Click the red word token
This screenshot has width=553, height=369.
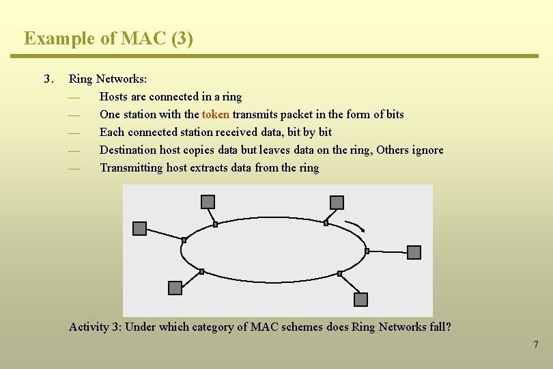pyautogui.click(x=215, y=114)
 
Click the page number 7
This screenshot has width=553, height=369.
pyautogui.click(x=536, y=344)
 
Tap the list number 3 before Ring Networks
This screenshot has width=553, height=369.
pyautogui.click(x=48, y=79)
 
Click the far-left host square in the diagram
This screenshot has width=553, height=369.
pyautogui.click(x=139, y=228)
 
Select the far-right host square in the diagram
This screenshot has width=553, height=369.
pyautogui.click(x=414, y=253)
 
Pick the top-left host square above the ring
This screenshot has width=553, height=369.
pyautogui.click(x=208, y=202)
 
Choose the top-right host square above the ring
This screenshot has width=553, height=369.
pyautogui.click(x=337, y=202)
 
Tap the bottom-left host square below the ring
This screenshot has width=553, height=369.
pyautogui.click(x=175, y=288)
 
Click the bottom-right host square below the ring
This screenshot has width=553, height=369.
pyautogui.click(x=360, y=299)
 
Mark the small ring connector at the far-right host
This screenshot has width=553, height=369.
pyautogui.click(x=367, y=251)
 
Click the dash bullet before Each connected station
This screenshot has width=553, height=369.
pyautogui.click(x=74, y=133)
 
